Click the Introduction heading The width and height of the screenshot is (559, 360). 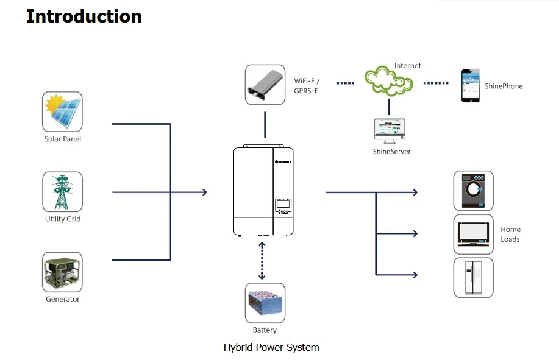[84, 16]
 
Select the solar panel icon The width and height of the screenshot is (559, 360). [62, 111]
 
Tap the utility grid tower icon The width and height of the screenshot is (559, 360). [62, 192]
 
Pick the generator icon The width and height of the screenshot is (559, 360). [62, 272]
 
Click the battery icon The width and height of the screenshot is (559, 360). [265, 303]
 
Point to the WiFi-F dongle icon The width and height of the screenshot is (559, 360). [265, 85]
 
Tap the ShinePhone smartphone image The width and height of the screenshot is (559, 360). [469, 86]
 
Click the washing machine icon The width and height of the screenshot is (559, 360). [473, 191]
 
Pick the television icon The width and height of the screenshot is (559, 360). [473, 234]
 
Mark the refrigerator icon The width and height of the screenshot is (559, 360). [473, 278]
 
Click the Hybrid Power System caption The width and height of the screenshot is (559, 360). [271, 348]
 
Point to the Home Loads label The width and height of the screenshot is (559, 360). [510, 235]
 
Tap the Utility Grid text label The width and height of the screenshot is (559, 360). [62, 219]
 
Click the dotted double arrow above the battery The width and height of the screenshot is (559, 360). [262, 260]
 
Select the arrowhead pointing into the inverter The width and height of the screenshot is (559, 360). [204, 192]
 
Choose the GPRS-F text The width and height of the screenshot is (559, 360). [306, 91]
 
